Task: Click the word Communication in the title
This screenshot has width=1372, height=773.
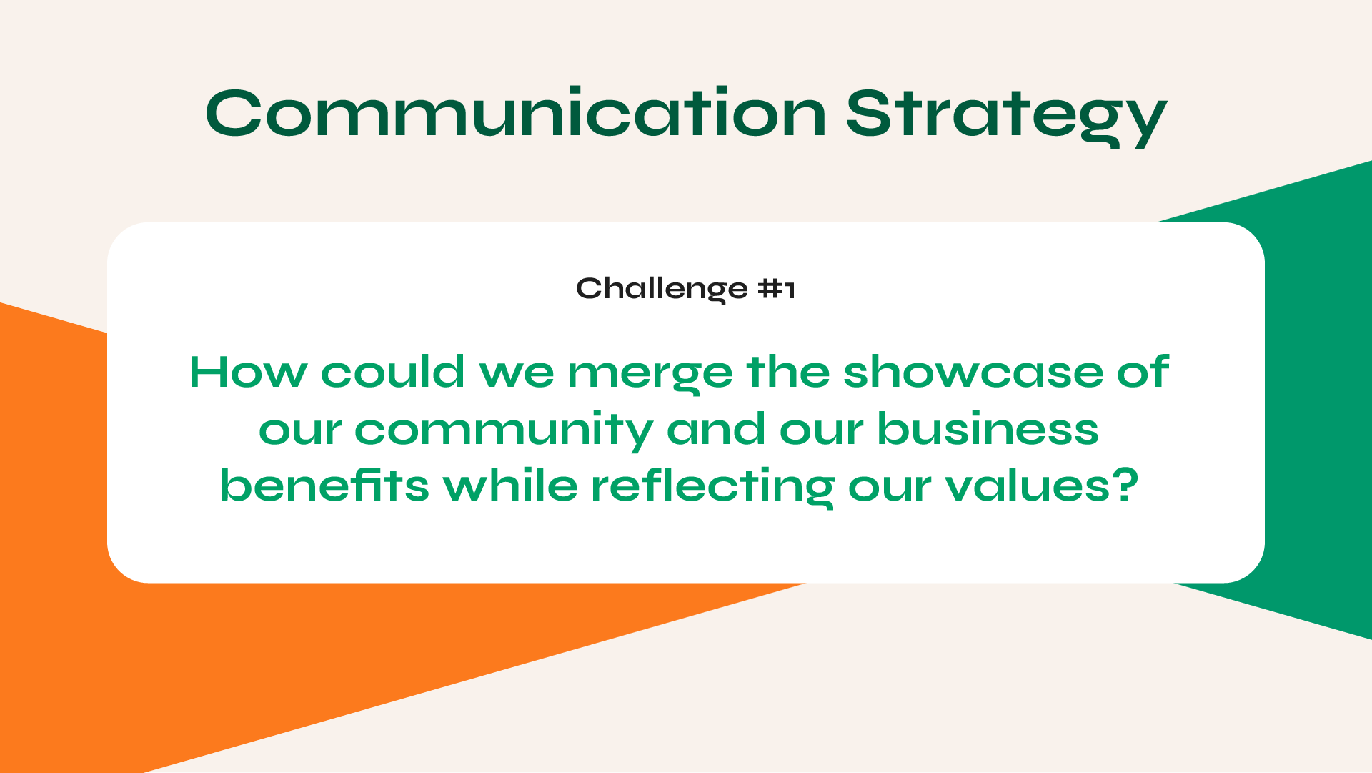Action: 516,112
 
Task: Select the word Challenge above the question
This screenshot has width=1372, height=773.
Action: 662,290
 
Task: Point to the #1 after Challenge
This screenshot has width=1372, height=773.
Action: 777,289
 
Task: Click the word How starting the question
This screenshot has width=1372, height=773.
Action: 248,372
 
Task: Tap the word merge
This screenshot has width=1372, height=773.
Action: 650,375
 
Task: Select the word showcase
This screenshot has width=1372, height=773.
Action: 973,372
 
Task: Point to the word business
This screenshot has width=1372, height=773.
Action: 988,428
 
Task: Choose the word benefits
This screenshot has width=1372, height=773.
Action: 324,485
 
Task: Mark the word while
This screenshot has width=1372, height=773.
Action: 510,485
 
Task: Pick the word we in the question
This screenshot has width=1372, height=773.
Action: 517,375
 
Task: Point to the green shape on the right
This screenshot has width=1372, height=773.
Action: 1315,400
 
